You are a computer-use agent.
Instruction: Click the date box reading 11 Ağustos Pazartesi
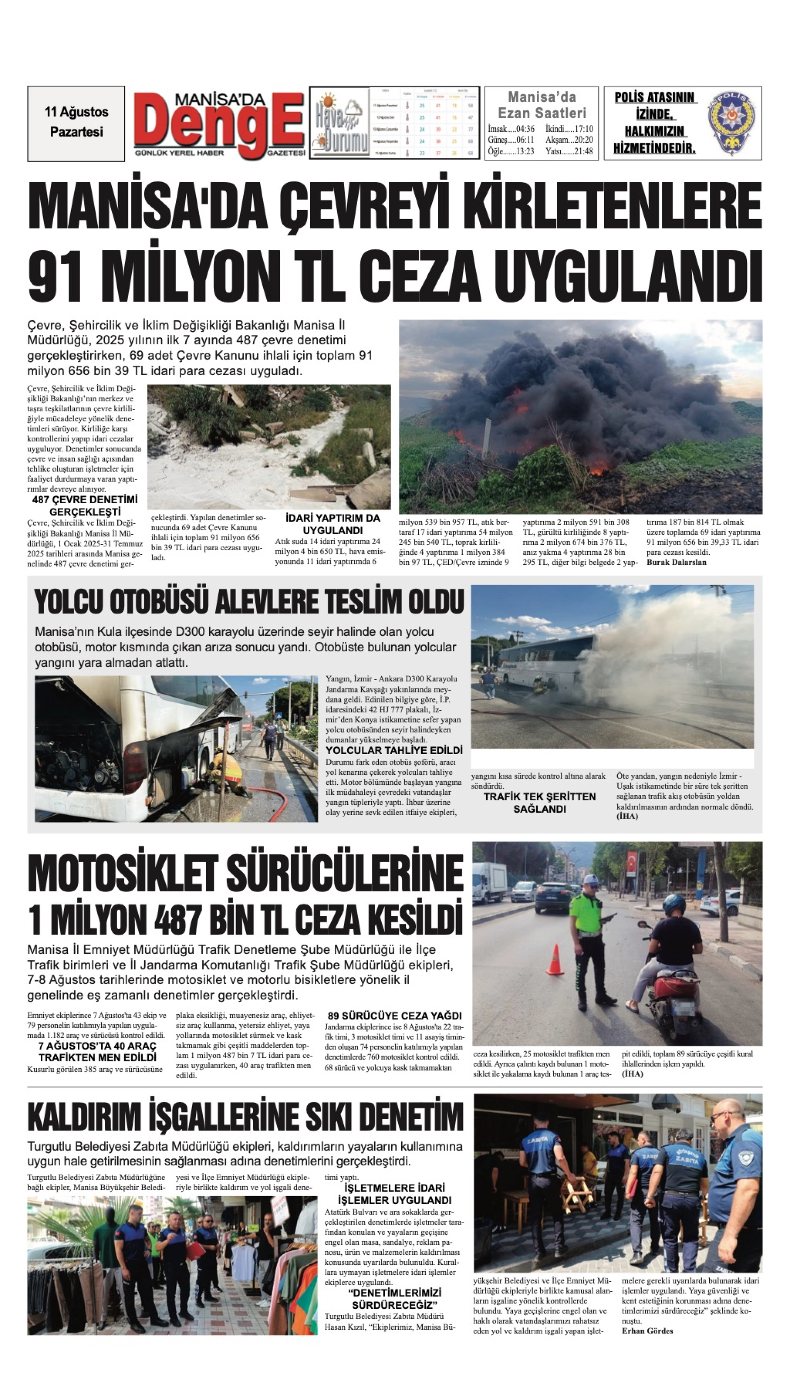click(x=76, y=123)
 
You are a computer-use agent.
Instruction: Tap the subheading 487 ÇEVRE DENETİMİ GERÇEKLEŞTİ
click(x=85, y=505)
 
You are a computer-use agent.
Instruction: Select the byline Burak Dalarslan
click(x=676, y=562)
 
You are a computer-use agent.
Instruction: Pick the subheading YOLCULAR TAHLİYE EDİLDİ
click(x=394, y=751)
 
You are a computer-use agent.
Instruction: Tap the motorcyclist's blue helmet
click(x=674, y=905)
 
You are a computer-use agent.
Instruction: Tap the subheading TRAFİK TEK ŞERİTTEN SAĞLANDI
click(x=539, y=803)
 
